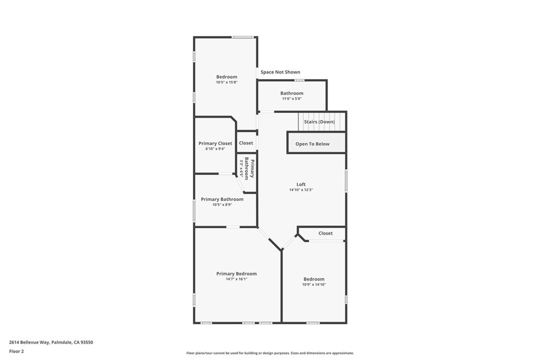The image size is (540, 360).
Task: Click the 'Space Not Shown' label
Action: point(280,72)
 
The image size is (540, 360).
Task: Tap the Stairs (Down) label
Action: point(319,122)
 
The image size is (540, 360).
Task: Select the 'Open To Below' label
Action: point(312,144)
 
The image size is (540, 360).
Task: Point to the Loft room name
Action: point(301,184)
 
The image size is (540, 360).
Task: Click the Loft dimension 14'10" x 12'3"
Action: point(301,190)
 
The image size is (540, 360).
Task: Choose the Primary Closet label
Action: point(215,143)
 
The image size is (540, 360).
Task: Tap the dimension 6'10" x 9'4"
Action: point(215,149)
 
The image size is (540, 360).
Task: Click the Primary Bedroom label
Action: point(236,274)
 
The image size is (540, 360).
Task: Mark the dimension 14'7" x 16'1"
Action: point(236,279)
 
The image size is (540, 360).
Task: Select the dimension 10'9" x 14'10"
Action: point(314,285)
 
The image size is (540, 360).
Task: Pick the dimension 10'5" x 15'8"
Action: point(227,82)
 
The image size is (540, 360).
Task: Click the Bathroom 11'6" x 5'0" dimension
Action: point(292,99)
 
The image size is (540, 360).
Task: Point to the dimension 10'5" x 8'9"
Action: point(222,205)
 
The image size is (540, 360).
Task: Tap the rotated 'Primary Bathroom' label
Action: point(249,169)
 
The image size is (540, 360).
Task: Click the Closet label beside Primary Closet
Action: point(246,143)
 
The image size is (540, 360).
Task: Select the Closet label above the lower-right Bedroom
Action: point(325,233)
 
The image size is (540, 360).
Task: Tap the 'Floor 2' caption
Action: point(16,351)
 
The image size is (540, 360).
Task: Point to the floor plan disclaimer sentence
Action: point(269,353)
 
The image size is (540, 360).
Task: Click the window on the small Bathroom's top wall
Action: point(299,80)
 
